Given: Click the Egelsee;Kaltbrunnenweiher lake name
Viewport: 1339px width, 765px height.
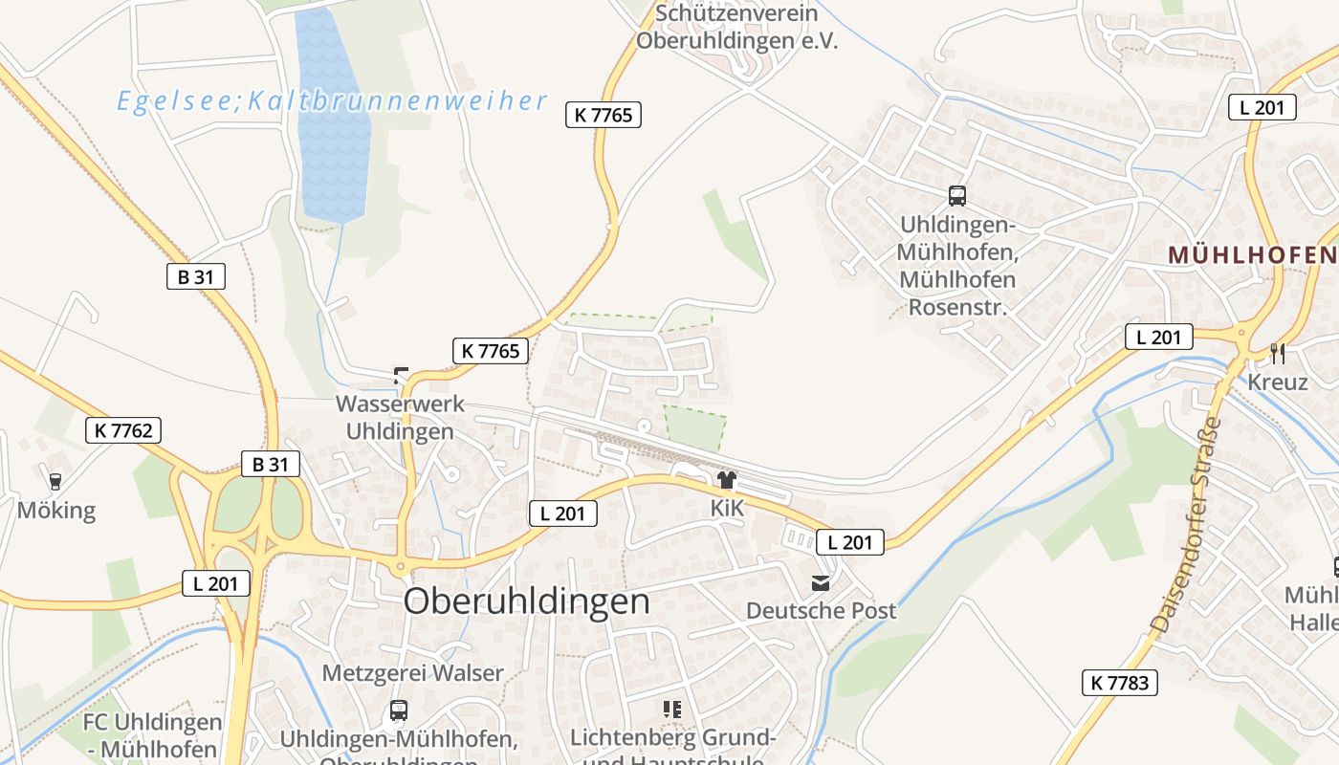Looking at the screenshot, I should (x=332, y=101).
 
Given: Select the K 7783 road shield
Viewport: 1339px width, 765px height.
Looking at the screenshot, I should (x=1121, y=683).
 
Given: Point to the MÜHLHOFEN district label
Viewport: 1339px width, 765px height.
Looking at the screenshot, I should (x=1251, y=255).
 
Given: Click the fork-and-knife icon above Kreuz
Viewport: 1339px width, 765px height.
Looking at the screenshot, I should (x=1278, y=354).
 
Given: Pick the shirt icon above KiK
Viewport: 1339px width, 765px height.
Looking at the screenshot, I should (x=727, y=480).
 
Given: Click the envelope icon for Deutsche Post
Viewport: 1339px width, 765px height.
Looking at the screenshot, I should (x=821, y=582).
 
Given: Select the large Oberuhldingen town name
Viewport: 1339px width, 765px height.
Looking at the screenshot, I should (x=526, y=601).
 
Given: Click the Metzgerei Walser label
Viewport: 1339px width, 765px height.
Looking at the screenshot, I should (x=412, y=672).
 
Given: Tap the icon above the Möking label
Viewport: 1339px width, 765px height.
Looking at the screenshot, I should (x=55, y=481).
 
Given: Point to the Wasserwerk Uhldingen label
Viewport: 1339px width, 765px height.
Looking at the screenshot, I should (x=400, y=417).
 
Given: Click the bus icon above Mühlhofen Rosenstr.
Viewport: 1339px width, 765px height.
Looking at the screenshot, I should (x=956, y=196).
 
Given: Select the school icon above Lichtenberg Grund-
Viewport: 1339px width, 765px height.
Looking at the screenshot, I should (x=672, y=710).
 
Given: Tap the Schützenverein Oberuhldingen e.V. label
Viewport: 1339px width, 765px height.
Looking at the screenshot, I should (x=736, y=28).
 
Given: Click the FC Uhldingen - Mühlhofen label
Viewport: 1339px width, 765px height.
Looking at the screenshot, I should (x=153, y=735).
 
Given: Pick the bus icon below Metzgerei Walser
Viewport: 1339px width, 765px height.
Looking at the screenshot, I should (x=399, y=710).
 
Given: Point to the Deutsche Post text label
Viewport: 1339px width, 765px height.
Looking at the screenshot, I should (x=821, y=610).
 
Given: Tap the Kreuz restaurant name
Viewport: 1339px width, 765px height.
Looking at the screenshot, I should (x=1277, y=382).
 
